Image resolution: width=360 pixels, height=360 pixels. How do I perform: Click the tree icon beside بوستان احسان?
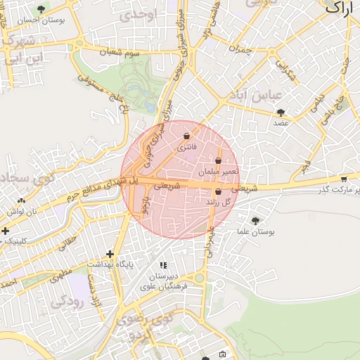pos(41,10)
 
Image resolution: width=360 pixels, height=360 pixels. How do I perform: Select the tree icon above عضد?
pos(281,112)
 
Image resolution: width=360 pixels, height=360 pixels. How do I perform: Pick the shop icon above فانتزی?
pos(186,136)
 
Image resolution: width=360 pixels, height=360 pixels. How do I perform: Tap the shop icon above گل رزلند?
pos(218,191)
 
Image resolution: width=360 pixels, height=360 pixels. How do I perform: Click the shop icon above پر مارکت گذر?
pos(343,179)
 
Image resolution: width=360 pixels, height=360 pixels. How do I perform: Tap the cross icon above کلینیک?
pos(6,231)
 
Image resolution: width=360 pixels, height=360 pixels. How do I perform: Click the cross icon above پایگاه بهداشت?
pos(110,254)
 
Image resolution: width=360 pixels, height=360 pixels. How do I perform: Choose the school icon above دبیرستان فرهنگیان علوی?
pos(163,265)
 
